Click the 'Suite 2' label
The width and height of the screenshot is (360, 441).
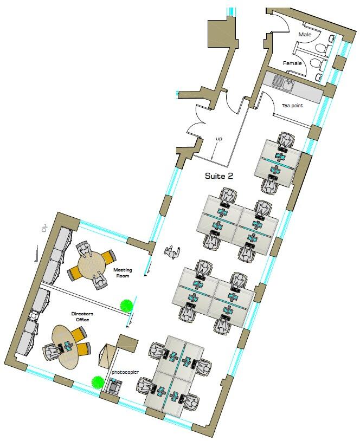(x=220, y=176)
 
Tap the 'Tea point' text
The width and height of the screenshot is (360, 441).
(x=292, y=106)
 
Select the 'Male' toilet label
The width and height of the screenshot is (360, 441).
(x=305, y=35)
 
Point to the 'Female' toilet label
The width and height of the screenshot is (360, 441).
(x=292, y=63)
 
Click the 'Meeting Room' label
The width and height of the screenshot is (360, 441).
(x=123, y=273)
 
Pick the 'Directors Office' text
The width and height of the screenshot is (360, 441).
(x=80, y=316)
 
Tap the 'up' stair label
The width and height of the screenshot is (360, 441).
(x=219, y=139)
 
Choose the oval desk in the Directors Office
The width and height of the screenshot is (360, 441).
(x=64, y=347)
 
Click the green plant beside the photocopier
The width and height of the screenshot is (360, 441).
(x=98, y=381)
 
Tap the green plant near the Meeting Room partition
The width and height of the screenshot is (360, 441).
(x=127, y=306)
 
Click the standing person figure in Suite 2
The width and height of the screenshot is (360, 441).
(x=172, y=252)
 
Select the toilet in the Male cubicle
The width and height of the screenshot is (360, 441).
(x=321, y=48)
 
